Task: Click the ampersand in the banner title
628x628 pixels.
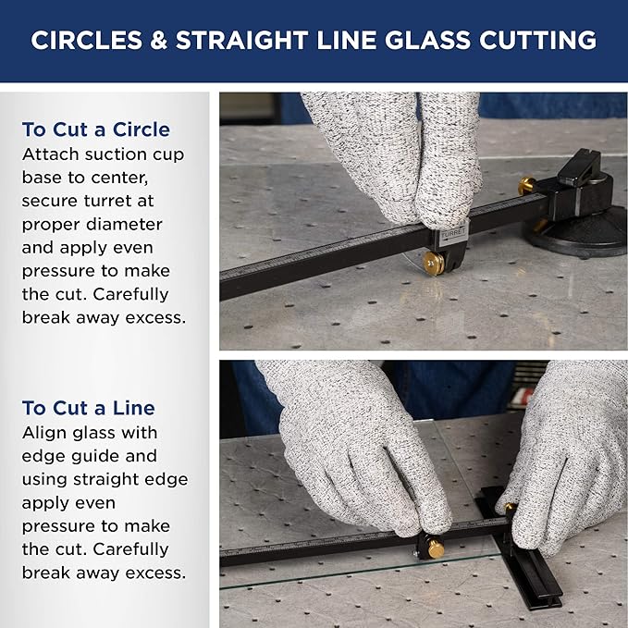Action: coord(159,40)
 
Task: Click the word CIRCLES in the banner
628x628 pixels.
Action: coord(87,40)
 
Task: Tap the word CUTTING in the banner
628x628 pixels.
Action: coord(538,40)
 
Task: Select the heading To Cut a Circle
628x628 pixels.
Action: coord(96,129)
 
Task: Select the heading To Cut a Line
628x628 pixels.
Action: coord(89,408)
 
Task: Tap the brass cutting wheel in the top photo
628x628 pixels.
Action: coord(434,264)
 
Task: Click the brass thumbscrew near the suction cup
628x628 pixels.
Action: coord(526,186)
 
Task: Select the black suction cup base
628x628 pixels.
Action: coord(577,236)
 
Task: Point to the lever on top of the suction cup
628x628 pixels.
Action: coord(579,166)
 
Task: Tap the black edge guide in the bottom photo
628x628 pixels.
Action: coord(520,549)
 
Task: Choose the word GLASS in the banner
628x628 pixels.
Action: coord(427,40)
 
